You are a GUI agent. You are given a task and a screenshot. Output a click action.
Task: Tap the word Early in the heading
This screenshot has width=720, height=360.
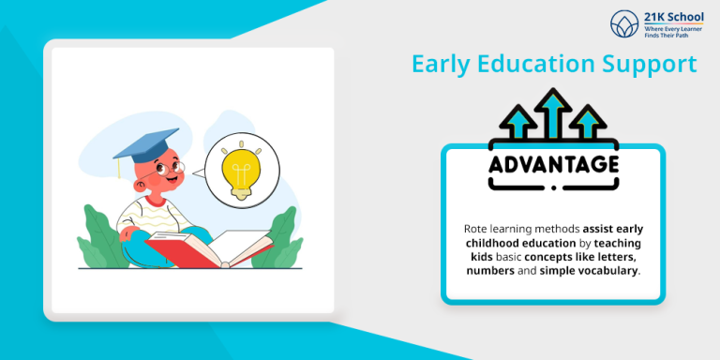[x=442, y=65]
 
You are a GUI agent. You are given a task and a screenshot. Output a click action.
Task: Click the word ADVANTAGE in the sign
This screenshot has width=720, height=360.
[x=553, y=164]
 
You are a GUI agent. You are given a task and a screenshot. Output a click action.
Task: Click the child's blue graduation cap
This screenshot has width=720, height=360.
[x=145, y=142]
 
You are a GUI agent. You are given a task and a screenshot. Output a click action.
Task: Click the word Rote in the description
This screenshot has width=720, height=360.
[x=479, y=229]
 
